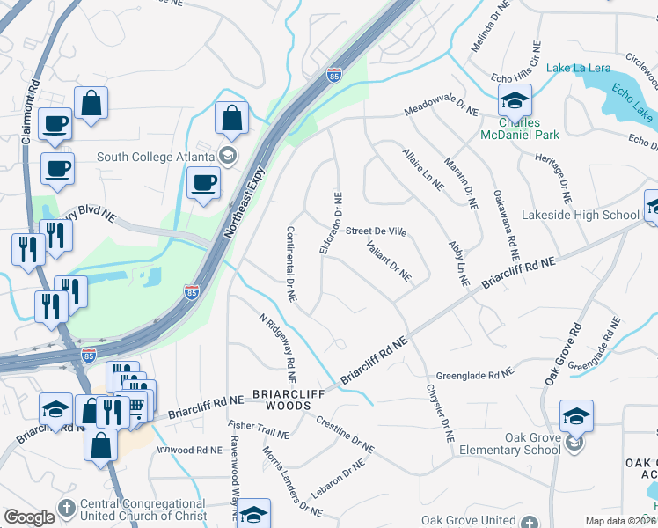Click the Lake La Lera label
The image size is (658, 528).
(577, 68)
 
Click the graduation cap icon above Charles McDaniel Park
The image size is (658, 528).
(515, 100)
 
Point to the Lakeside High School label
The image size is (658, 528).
(592, 215)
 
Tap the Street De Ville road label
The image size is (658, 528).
(376, 231)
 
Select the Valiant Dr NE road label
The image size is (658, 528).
(389, 260)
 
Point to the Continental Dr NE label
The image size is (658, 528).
(291, 264)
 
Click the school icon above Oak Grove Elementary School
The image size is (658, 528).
(576, 415)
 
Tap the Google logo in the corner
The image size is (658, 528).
(29, 517)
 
